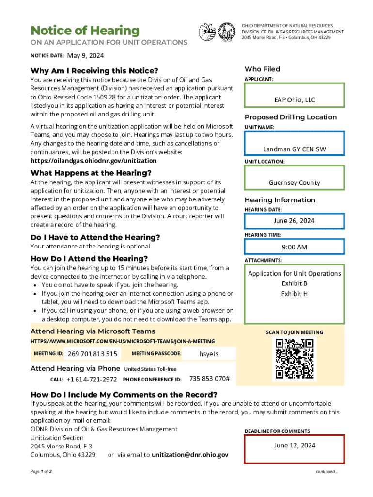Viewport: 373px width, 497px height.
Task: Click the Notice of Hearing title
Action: pyautogui.click(x=85, y=31)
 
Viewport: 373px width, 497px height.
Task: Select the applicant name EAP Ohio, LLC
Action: pyautogui.click(x=295, y=100)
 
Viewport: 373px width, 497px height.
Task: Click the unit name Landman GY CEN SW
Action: pyautogui.click(x=295, y=149)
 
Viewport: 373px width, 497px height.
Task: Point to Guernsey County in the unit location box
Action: pyautogui.click(x=295, y=182)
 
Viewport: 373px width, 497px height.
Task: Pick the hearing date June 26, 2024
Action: pyautogui.click(x=295, y=221)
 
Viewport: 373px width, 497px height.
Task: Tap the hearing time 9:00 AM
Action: pyautogui.click(x=295, y=247)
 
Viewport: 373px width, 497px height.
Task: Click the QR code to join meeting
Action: pyautogui.click(x=295, y=359)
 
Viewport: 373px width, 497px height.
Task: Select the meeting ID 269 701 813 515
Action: pyautogui.click(x=93, y=354)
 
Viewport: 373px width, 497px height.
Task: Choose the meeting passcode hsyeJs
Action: pyautogui.click(x=209, y=354)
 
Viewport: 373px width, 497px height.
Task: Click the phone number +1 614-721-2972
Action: pyautogui.click(x=92, y=379)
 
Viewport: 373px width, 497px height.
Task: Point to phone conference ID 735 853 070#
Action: pyautogui.click(x=209, y=379)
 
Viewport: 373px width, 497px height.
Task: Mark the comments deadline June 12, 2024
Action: pyautogui.click(x=295, y=445)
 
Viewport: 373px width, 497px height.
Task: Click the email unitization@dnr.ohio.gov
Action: pyautogui.click(x=190, y=455)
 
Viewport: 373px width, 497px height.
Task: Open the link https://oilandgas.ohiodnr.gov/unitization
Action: pyautogui.click(x=93, y=161)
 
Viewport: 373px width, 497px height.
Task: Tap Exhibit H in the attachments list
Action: pyautogui.click(x=295, y=294)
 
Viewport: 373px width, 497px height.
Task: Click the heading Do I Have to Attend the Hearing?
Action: pyautogui.click(x=95, y=237)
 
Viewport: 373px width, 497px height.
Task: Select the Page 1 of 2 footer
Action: pyautogui.click(x=41, y=471)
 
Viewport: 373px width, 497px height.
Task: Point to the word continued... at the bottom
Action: pyautogui.click(x=327, y=471)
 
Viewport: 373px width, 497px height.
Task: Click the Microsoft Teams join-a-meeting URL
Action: pyautogui.click(x=123, y=341)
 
